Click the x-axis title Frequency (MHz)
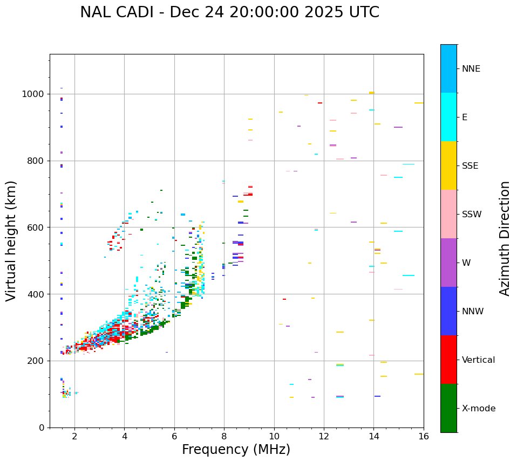[236, 450]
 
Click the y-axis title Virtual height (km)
[11, 240]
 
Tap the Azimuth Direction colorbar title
[505, 238]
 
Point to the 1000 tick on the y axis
[33, 94]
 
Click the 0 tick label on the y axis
[41, 427]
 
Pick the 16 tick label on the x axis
[424, 436]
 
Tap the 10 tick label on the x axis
[274, 436]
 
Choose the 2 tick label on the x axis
[74, 436]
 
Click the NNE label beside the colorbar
[471, 69]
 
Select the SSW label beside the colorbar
[472, 215]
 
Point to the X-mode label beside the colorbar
[479, 409]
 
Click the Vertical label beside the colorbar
[478, 360]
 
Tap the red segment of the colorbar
[448, 360]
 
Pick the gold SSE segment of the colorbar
[448, 166]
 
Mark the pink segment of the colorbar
[448, 214]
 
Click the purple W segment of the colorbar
[448, 263]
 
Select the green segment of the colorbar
[448, 408]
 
